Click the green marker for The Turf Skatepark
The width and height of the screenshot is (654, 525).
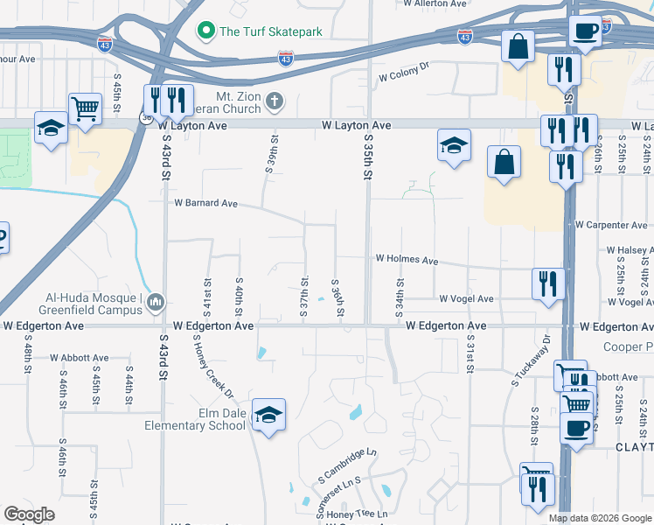pyautogui.click(x=207, y=32)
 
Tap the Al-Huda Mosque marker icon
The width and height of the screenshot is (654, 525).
pyautogui.click(x=157, y=303)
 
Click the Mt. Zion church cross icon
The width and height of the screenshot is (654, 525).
pyautogui.click(x=275, y=101)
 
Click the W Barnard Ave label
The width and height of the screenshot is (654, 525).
pyautogui.click(x=205, y=203)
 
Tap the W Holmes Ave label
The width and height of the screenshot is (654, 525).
pyautogui.click(x=407, y=260)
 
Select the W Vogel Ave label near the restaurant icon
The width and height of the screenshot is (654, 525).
pyautogui.click(x=466, y=299)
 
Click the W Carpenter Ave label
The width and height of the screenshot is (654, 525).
pyautogui.click(x=611, y=225)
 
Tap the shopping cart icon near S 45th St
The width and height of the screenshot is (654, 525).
pyautogui.click(x=85, y=109)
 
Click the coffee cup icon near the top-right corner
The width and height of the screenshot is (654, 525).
pyautogui.click(x=585, y=31)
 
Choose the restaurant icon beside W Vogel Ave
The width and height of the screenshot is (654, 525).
pyautogui.click(x=548, y=283)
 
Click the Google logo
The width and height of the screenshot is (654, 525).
pyautogui.click(x=29, y=514)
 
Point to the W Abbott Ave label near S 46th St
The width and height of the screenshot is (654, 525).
pyautogui.click(x=79, y=358)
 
